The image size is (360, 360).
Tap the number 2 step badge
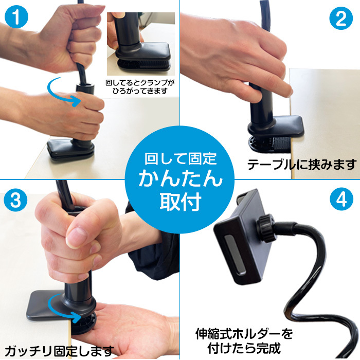point(340,19)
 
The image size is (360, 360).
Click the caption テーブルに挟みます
point(302,165)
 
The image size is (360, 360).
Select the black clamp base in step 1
point(71,149)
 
